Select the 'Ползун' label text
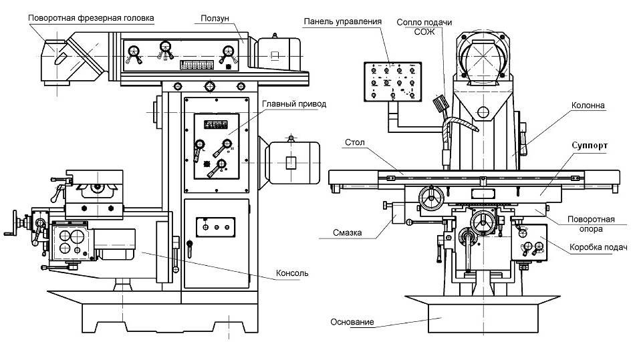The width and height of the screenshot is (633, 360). (216, 17)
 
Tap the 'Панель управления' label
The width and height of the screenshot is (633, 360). (342, 21)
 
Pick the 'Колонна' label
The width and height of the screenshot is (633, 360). (588, 106)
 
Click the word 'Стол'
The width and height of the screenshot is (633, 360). (354, 142)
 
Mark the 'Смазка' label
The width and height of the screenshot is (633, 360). (347, 233)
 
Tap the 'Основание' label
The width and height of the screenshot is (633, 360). (352, 323)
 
